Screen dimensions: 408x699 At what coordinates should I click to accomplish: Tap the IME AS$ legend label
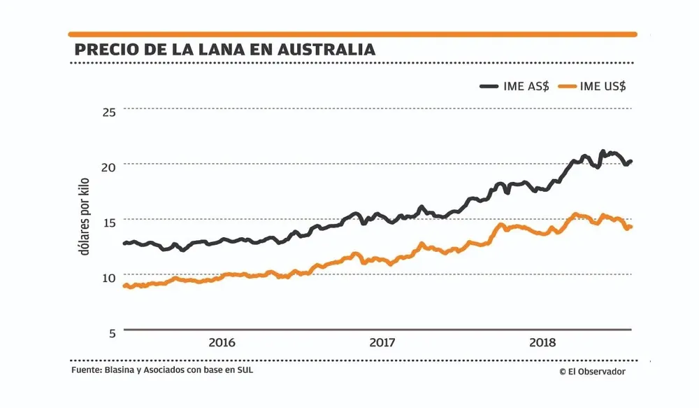526,85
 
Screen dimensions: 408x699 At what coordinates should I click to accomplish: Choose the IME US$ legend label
603,85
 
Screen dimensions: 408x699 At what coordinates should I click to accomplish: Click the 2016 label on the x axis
222,343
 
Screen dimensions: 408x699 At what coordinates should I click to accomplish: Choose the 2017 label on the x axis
382,343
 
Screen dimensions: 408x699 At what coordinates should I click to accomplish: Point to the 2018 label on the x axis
542,343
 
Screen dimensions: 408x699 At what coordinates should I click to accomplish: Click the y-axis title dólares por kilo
85,217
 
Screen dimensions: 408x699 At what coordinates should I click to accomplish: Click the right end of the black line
630,162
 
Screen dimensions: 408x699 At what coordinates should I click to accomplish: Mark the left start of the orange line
124,286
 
